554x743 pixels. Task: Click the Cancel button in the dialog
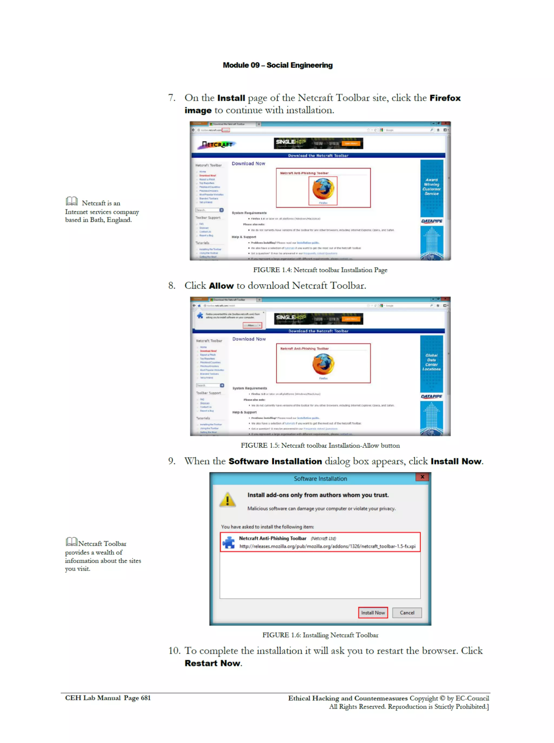coord(407,613)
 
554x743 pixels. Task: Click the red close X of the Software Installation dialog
coord(422,477)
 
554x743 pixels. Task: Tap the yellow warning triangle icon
coord(227,500)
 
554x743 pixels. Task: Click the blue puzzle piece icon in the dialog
coord(229,542)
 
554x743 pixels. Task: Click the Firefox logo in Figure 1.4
coord(323,189)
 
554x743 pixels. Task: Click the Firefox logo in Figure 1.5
coord(323,364)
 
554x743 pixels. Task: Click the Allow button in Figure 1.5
coord(252,325)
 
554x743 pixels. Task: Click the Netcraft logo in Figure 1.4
coord(217,144)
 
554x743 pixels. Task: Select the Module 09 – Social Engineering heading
coord(278,65)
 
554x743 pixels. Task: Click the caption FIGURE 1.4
coord(320,270)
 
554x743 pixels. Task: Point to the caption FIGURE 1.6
coord(320,635)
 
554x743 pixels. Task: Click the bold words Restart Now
coord(212,663)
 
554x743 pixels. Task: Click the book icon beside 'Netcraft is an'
coord(72,201)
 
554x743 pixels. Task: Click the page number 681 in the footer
coord(146,698)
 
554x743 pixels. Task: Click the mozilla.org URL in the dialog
coord(327,546)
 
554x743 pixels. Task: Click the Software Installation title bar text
coord(320,479)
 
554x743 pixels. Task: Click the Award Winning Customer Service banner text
coord(431,186)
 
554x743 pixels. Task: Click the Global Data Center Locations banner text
coord(431,362)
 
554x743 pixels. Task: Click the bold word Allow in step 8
coord(221,286)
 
